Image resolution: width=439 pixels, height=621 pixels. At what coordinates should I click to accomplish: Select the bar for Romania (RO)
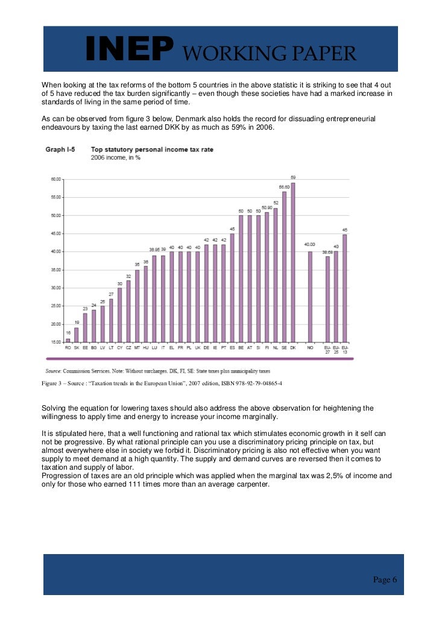tap(68, 340)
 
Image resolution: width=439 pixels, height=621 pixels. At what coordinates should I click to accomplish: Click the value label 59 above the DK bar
tap(293, 177)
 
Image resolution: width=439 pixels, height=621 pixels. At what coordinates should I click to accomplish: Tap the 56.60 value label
tap(285, 187)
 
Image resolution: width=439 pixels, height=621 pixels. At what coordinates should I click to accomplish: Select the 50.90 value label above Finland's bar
tap(267, 207)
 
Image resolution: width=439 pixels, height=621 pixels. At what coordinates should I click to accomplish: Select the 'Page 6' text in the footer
tap(385, 579)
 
